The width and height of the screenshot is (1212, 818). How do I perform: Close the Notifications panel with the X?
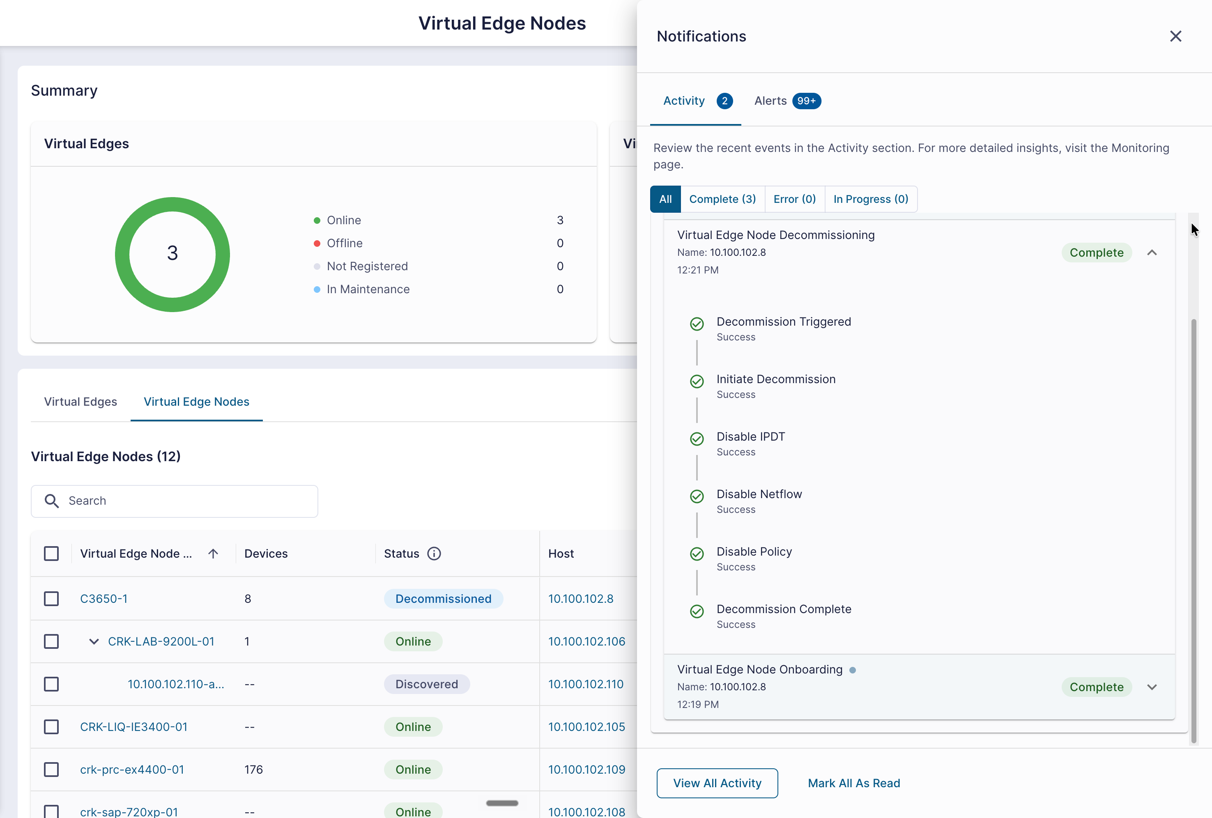[1175, 36]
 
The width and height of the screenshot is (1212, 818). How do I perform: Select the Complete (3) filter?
[722, 199]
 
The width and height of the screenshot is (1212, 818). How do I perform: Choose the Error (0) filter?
[794, 199]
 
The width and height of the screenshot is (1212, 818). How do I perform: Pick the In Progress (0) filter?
[870, 199]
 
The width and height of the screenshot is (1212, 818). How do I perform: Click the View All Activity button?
[717, 783]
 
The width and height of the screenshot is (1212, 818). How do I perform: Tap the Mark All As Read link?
[854, 783]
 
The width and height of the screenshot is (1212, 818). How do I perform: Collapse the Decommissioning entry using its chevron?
[1152, 253]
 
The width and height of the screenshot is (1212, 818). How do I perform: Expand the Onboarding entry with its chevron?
[1152, 687]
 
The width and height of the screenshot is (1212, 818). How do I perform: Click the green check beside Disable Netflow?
[697, 496]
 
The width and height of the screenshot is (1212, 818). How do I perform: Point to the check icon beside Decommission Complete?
[697, 611]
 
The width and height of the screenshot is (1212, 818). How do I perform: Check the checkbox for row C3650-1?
[51, 598]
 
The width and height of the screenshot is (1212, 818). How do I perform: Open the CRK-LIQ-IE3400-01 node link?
[133, 727]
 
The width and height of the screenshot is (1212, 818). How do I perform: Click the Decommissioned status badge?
[443, 598]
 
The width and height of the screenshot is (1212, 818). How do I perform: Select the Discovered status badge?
[427, 684]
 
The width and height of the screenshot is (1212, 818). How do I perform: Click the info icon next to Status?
[434, 554]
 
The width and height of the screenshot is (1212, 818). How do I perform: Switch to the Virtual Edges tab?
[80, 402]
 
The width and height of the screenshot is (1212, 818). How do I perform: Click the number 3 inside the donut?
[172, 253]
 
